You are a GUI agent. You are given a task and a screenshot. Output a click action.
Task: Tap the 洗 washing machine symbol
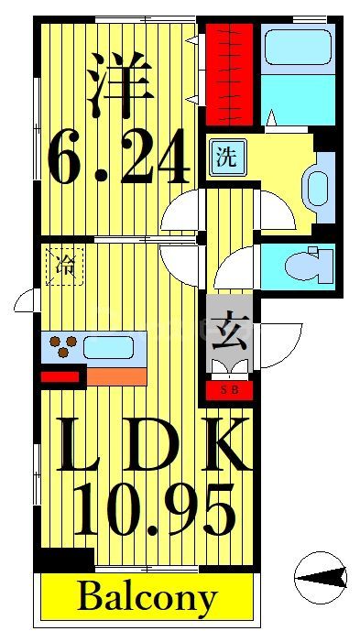click(225, 157)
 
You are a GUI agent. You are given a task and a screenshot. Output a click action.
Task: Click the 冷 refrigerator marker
click(65, 267)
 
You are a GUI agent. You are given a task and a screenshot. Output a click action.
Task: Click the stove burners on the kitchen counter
click(63, 346)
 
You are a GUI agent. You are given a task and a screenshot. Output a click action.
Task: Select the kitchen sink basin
click(109, 347)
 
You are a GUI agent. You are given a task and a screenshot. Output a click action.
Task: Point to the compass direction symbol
click(321, 576)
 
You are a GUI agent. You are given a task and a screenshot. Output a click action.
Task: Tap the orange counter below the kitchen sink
click(115, 375)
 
